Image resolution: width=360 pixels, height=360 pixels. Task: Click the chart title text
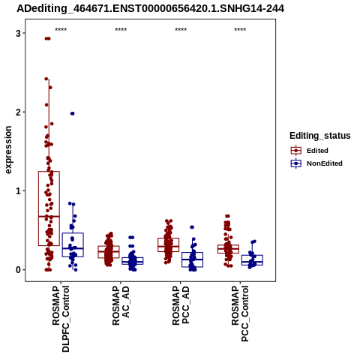[x=151, y=9]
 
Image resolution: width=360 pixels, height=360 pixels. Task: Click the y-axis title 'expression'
[x=8, y=150]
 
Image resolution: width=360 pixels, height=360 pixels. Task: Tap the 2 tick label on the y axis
[x=18, y=112]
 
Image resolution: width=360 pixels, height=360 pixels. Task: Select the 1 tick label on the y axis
[x=18, y=191]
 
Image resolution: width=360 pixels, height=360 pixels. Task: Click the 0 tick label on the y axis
[x=18, y=270]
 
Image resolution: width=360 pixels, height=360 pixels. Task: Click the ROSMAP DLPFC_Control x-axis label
[x=61, y=319]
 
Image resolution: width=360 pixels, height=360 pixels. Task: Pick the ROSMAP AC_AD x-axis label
[x=121, y=305]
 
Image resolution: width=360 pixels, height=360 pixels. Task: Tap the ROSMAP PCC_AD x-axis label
[x=181, y=305]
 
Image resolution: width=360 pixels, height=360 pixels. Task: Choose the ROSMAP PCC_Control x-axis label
[x=240, y=313]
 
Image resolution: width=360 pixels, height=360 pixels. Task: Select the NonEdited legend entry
[x=316, y=163]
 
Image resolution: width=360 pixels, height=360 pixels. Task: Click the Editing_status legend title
[x=320, y=136]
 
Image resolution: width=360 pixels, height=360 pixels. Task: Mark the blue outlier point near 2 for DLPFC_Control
[x=73, y=113]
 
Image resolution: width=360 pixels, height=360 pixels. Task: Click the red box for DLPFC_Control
[x=49, y=172]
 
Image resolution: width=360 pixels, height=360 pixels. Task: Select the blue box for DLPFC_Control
[x=73, y=233]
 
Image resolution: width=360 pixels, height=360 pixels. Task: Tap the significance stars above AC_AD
[x=121, y=30]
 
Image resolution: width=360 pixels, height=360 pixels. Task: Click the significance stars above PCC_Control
[x=240, y=30]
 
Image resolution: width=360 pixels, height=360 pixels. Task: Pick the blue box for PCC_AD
[x=192, y=253]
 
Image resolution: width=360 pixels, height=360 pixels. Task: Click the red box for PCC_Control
[x=228, y=245]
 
